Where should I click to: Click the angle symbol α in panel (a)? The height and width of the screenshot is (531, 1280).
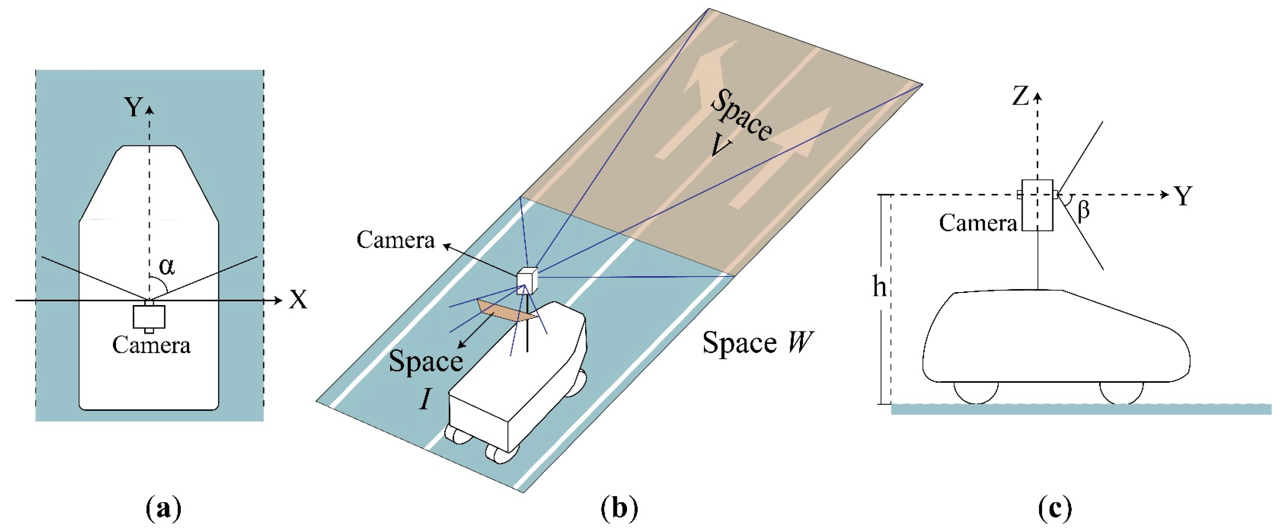[167, 267]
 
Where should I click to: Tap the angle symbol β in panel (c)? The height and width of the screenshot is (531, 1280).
[1083, 210]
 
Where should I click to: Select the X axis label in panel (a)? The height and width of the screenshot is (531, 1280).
[298, 300]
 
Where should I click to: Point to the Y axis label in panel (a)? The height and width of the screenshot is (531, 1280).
[133, 107]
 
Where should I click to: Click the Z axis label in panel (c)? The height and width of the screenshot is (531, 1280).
[1020, 96]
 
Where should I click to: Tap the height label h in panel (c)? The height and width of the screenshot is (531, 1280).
[879, 287]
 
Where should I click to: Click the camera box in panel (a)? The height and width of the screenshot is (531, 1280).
[149, 316]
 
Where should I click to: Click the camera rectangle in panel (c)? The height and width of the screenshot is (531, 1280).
[1038, 205]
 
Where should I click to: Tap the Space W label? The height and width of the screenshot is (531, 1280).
[757, 343]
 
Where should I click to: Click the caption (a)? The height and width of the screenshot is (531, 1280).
[164, 509]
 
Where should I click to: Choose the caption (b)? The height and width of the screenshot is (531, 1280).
[619, 509]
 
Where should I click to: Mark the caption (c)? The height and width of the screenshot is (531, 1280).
[1054, 509]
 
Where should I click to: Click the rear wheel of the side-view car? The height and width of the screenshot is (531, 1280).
[976, 392]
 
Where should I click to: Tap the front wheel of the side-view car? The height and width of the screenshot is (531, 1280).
[1121, 392]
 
